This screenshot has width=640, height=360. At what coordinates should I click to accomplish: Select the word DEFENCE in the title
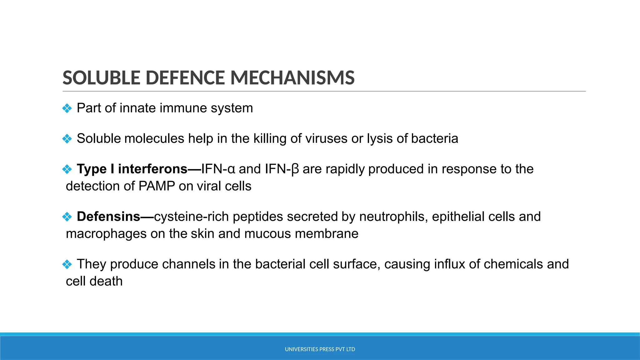coord(185,78)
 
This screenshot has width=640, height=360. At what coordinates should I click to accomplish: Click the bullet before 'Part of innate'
coord(67,108)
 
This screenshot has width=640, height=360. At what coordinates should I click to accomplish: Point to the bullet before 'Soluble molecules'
coord(67,139)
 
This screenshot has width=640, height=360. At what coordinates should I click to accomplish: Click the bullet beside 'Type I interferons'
coord(67,169)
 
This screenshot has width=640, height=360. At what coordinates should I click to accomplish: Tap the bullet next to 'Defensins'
coord(67,217)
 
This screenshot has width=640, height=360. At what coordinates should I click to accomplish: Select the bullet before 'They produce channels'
coord(67,264)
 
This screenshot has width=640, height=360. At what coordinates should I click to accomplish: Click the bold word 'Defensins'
coord(108,217)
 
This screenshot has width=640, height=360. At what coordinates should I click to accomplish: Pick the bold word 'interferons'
coord(152,169)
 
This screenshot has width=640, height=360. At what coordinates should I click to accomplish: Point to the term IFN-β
coord(282,169)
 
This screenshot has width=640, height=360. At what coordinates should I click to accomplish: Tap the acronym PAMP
coord(157,186)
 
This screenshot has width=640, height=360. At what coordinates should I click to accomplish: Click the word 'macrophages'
coord(106,234)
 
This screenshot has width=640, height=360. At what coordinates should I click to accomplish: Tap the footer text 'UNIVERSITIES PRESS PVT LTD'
coord(320,349)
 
